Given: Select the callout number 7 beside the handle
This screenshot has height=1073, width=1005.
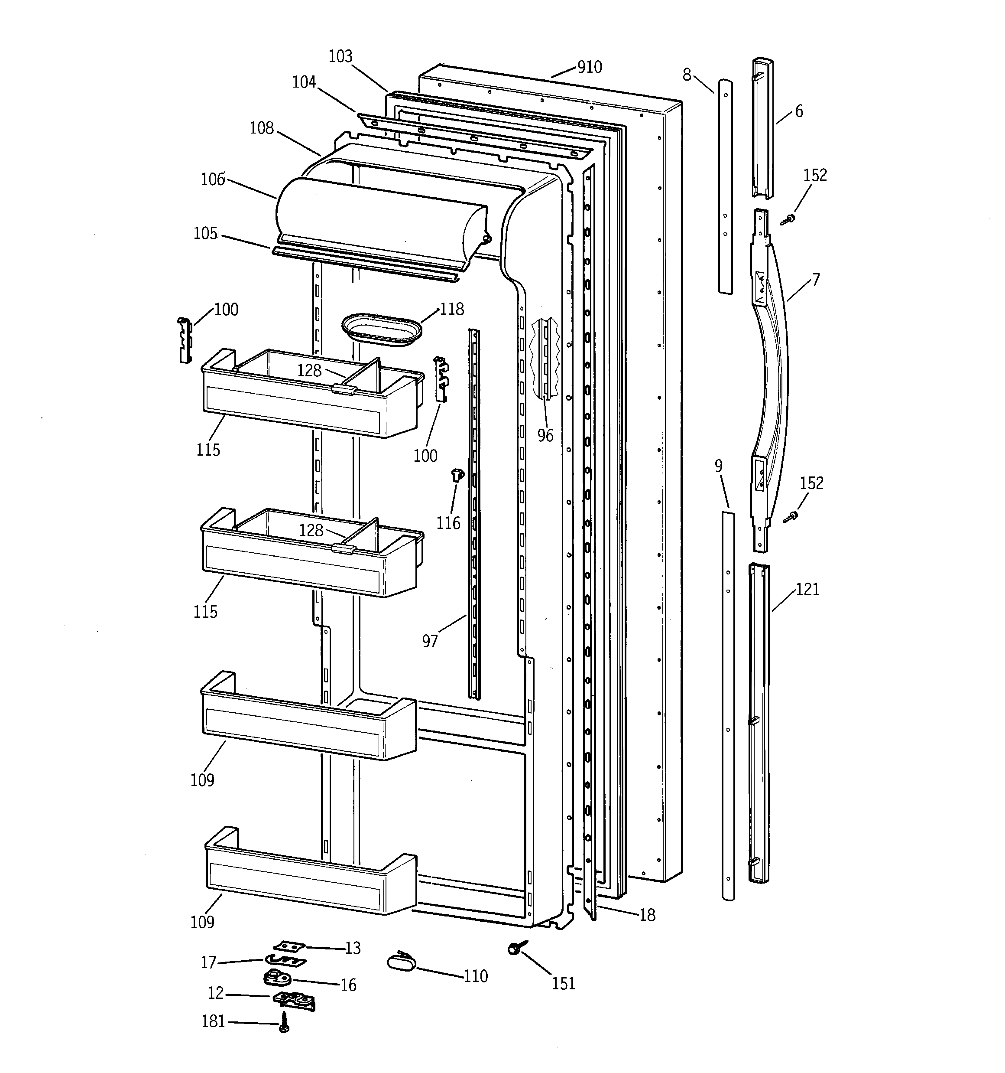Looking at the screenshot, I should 816,280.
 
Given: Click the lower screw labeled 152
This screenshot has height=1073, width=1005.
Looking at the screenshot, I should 791,516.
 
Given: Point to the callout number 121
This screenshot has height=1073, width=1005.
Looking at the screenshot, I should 807,590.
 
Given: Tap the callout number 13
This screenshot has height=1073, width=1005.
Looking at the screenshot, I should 352,948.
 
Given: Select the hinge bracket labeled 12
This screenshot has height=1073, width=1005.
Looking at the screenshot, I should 295,1000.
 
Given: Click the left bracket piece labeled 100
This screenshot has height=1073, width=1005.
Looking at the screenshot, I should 185,340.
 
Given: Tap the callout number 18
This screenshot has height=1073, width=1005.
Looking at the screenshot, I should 647,915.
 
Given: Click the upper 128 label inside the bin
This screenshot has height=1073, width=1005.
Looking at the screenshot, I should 309,370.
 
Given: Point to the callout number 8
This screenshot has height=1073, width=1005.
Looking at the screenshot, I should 686,75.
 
